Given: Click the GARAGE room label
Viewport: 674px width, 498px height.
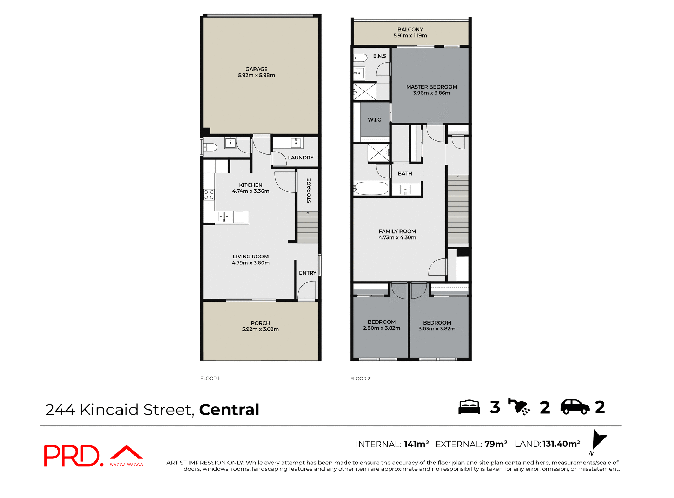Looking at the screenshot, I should (x=256, y=69).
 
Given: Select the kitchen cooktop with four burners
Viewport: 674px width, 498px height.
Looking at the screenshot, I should (x=209, y=195).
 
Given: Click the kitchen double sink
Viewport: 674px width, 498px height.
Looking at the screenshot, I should (x=224, y=216).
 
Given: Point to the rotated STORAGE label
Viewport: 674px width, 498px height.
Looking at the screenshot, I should (x=309, y=191).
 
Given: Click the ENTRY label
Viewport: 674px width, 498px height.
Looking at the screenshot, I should (x=308, y=273).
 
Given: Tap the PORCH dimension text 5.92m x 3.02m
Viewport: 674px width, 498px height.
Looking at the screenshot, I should (x=260, y=329).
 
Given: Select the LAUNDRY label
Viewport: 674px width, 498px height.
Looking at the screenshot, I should (x=300, y=158).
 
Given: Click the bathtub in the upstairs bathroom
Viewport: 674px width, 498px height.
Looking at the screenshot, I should (x=371, y=189).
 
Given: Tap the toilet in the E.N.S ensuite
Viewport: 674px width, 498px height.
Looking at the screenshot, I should (x=361, y=57).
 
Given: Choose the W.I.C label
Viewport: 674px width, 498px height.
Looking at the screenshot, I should (x=374, y=120).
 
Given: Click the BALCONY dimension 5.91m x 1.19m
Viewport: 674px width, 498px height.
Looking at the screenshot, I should (x=410, y=35).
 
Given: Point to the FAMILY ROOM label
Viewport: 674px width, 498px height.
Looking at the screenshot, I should (x=397, y=231).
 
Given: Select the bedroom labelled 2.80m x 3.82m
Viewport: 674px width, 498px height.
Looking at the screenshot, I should (x=381, y=325).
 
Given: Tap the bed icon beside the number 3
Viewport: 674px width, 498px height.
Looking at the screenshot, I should (x=469, y=407).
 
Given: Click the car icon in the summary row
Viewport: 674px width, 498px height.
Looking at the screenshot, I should (x=575, y=407).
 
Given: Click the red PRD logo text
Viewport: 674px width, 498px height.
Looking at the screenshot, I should (x=72, y=456).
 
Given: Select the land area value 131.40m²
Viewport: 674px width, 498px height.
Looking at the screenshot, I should (x=561, y=444).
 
